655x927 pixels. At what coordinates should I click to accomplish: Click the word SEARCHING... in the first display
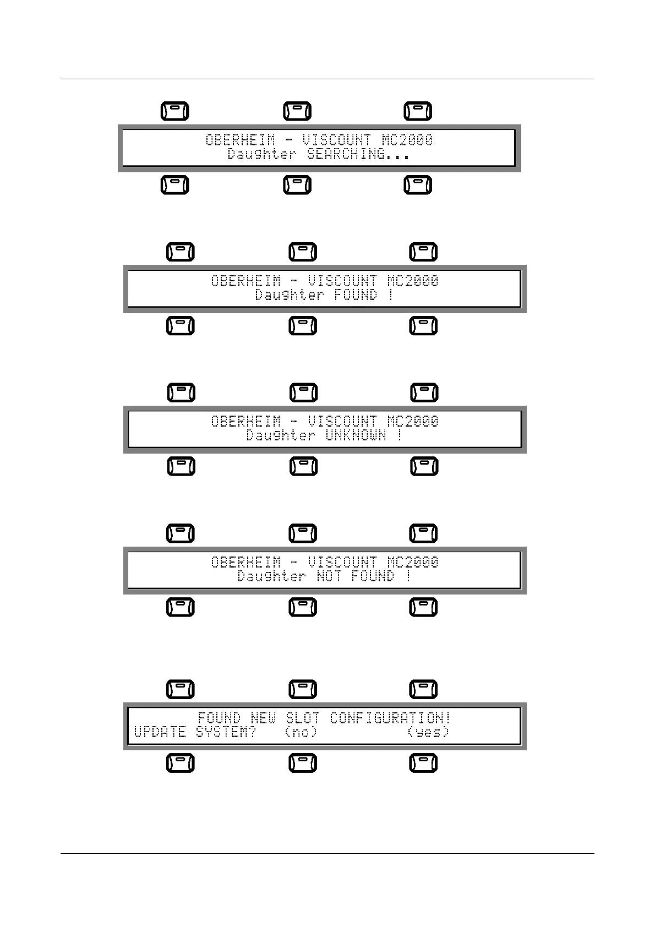coord(358,154)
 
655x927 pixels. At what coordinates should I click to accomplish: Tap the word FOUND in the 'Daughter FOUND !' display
coord(356,295)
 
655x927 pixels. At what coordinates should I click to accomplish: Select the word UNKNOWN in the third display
coord(356,435)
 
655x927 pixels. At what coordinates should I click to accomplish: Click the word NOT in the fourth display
coord(329,576)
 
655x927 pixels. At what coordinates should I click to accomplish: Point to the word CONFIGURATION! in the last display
coord(390,718)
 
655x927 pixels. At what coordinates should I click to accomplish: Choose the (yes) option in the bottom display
coord(428,732)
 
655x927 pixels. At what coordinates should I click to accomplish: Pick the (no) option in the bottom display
coord(301,732)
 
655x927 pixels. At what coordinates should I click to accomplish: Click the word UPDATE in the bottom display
coord(160,732)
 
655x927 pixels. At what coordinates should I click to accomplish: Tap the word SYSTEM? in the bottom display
coord(226,732)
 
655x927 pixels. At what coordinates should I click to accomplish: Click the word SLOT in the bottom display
coord(303,718)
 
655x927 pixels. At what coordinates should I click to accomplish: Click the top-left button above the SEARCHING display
coord(175,111)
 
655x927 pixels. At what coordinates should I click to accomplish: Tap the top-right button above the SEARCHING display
coord(418,111)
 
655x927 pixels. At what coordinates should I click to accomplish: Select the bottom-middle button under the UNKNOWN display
coord(304,466)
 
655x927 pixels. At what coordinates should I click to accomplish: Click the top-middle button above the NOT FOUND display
coord(303,533)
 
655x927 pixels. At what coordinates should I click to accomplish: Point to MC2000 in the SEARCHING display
coord(407,140)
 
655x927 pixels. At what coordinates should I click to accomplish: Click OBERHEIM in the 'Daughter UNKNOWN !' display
coord(246,421)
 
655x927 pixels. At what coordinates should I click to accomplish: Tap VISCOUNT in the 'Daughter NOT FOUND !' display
coord(342,562)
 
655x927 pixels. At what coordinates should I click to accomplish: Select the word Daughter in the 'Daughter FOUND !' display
coord(289,295)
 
